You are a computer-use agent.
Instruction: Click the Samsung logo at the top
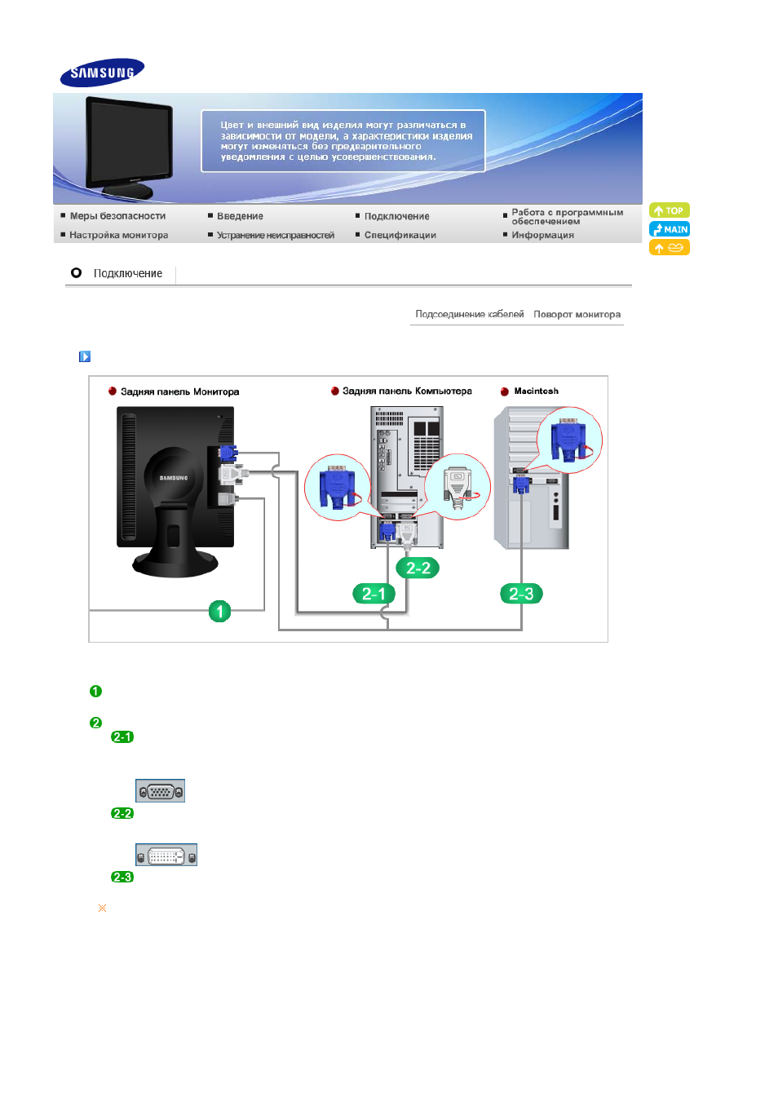(102, 73)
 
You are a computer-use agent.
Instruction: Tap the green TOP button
(670, 210)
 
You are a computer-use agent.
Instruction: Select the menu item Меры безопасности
(117, 216)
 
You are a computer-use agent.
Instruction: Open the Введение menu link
(240, 216)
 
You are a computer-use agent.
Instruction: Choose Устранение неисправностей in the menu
(275, 235)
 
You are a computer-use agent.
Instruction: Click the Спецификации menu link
(400, 235)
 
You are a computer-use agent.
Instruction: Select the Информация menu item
(542, 235)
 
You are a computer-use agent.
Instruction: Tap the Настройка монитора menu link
(118, 235)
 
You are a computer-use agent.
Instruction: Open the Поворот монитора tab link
(577, 314)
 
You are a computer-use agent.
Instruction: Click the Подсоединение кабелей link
(470, 314)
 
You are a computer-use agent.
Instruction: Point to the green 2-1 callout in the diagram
(374, 594)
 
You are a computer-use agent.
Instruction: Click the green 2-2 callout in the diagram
(418, 568)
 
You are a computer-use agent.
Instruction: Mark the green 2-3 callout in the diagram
(521, 594)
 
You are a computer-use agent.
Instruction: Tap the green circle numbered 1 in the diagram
(219, 612)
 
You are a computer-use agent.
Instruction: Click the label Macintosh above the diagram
(536, 391)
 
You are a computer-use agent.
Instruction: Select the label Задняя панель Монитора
(180, 391)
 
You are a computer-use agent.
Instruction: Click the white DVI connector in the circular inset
(458, 488)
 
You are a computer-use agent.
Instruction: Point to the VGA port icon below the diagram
(160, 790)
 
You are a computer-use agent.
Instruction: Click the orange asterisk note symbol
(102, 908)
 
